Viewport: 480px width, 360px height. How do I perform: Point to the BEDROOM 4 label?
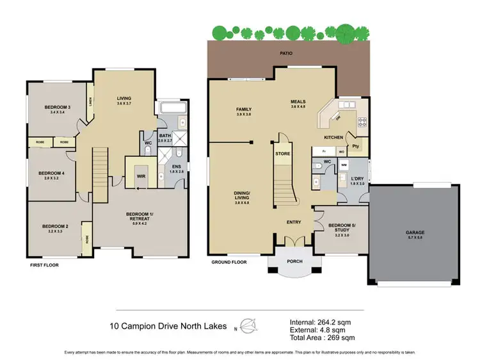pyautogui.click(x=51, y=173)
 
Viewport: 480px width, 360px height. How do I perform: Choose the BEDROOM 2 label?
pyautogui.click(x=55, y=226)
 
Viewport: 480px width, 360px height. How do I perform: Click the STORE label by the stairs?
pyautogui.click(x=282, y=154)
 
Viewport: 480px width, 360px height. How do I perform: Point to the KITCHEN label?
pyautogui.click(x=333, y=138)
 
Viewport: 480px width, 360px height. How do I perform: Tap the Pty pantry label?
pyautogui.click(x=355, y=145)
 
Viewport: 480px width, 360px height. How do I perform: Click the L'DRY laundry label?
pyautogui.click(x=357, y=179)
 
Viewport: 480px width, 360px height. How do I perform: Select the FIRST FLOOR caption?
pyautogui.click(x=45, y=264)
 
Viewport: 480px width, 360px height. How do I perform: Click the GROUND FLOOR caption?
pyautogui.click(x=229, y=262)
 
